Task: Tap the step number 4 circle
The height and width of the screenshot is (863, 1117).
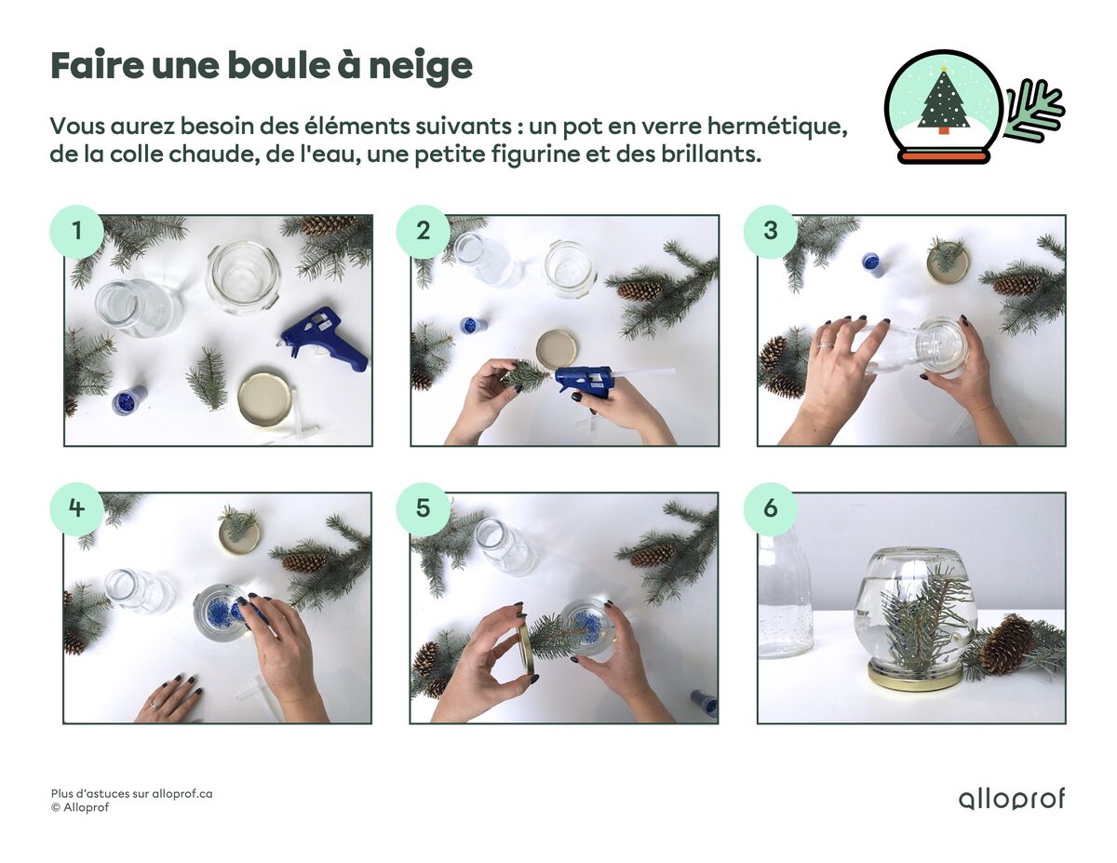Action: [75, 509]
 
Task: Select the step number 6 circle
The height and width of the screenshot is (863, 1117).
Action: [770, 509]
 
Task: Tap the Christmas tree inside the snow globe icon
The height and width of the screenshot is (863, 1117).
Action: [943, 102]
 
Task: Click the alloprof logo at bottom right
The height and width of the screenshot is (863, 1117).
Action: [1011, 799]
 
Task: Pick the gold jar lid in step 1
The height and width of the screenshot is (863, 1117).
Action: [264, 399]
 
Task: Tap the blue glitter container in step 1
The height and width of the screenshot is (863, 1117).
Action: [128, 400]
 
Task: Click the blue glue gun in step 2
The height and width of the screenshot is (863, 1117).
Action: [585, 381]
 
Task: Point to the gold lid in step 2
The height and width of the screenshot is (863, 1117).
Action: [556, 347]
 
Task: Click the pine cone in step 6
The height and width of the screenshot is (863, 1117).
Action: [1006, 644]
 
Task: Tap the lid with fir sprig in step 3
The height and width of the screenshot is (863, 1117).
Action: [947, 261]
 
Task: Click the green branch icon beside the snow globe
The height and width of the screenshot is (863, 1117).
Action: [1034, 112]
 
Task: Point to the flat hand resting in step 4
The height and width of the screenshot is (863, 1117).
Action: [169, 698]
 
